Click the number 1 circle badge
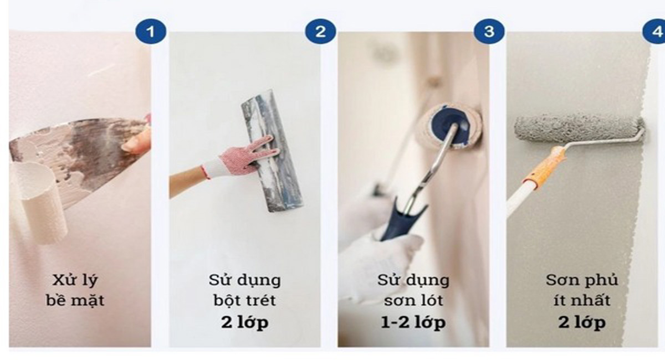(150, 32)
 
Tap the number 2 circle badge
(320, 32)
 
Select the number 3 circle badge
(489, 32)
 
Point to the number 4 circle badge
(657, 32)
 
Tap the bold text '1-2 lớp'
(413, 322)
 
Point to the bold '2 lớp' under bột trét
(244, 322)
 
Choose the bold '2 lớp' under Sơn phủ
(581, 322)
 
